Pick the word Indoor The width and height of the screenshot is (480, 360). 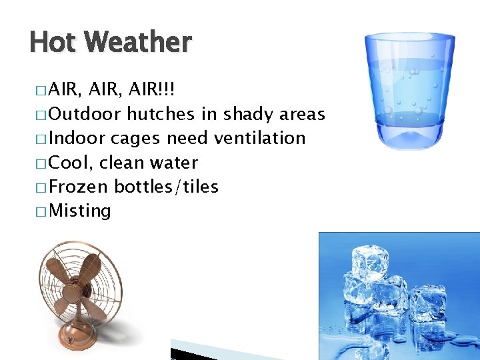pyautogui.click(x=77, y=139)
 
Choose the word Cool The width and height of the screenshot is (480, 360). pyautogui.click(x=71, y=163)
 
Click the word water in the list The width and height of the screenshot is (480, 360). pyautogui.click(x=175, y=163)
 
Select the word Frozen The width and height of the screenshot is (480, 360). pyautogui.click(x=80, y=187)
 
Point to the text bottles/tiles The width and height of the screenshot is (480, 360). pyautogui.click(x=167, y=187)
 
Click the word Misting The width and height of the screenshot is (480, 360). pyautogui.click(x=80, y=211)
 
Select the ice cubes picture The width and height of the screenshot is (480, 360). pyautogui.click(x=399, y=296)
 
